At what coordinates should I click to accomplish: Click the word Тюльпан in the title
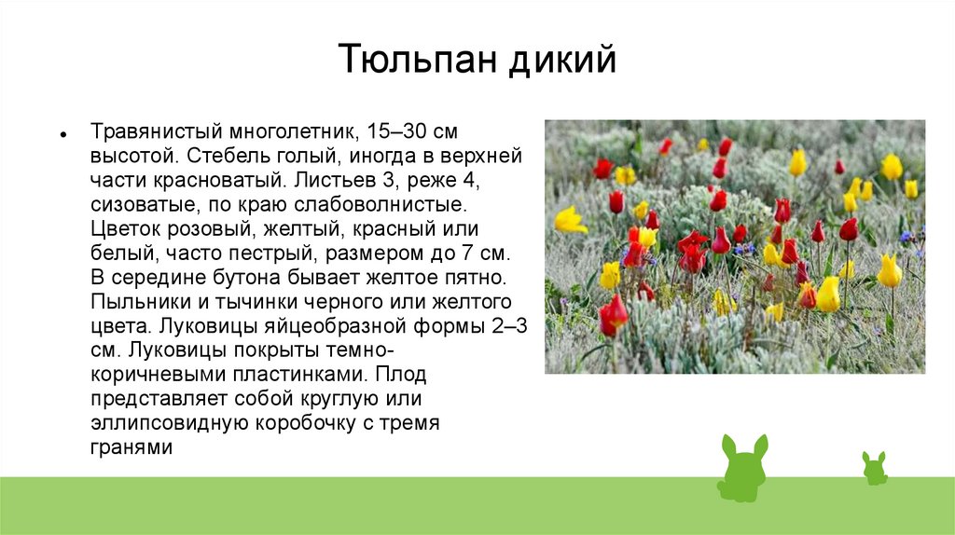tap(418, 59)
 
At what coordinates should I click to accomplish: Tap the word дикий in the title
tap(562, 60)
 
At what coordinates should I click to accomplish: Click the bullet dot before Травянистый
tap(63, 134)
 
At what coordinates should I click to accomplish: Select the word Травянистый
tap(156, 131)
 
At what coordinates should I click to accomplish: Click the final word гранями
tap(131, 448)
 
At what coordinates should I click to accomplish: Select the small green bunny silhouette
tap(875, 468)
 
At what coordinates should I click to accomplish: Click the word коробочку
tap(305, 423)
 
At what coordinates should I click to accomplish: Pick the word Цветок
tap(126, 229)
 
